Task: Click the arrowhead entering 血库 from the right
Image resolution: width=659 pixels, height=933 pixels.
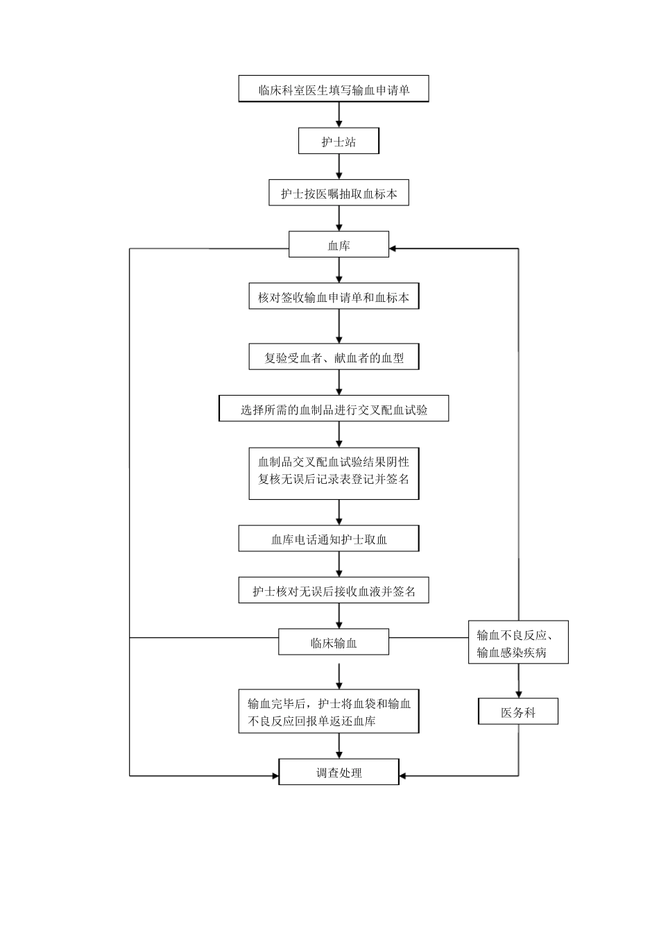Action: tap(392, 249)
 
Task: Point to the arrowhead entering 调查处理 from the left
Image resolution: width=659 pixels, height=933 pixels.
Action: tap(275, 775)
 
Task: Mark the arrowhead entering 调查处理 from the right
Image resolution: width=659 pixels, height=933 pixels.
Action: tap(402, 775)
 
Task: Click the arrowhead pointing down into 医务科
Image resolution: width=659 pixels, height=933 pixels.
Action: tap(518, 695)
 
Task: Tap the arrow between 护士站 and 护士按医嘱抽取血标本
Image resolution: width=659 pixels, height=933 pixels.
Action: tap(339, 167)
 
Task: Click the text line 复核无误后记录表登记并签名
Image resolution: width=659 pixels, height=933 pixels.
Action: tap(334, 479)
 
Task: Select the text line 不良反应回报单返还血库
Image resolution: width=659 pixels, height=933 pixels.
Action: tap(311, 721)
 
